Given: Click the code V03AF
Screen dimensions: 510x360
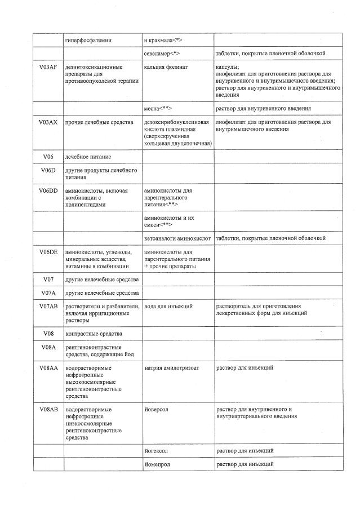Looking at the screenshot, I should (x=48, y=67).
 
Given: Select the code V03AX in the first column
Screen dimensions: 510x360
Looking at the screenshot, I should (x=48, y=122).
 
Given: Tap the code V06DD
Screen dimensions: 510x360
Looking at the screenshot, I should (x=48, y=191).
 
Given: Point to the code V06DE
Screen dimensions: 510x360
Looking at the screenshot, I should (x=48, y=252).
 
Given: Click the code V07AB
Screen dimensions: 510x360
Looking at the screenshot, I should (x=48, y=306).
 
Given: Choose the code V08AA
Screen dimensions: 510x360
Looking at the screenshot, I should (x=48, y=368).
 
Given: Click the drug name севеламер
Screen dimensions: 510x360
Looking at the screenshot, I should (x=162, y=54).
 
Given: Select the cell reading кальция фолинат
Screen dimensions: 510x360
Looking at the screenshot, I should (x=166, y=67).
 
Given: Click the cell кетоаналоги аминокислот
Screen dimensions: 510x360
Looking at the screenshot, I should (x=177, y=238).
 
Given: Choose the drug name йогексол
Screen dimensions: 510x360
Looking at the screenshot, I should (x=157, y=451).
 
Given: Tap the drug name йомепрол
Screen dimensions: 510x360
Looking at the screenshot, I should (x=157, y=464).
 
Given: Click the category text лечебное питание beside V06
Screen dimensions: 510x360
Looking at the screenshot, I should (x=88, y=156).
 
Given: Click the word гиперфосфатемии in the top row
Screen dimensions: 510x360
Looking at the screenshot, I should (x=88, y=40).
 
